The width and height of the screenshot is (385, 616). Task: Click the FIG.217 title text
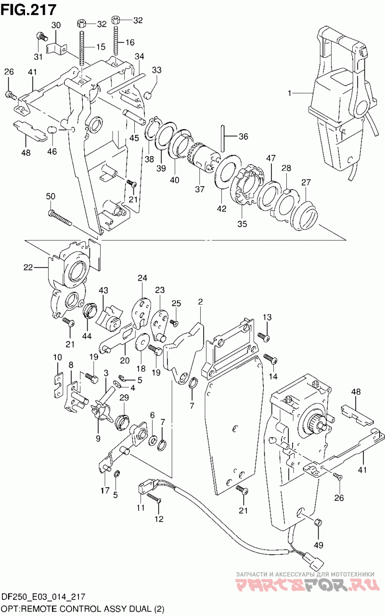pyautogui.click(x=28, y=10)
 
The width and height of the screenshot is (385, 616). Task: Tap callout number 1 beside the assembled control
pyautogui.click(x=289, y=94)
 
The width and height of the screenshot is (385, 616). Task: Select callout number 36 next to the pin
pyautogui.click(x=244, y=136)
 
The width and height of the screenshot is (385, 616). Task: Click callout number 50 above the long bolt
pyautogui.click(x=51, y=196)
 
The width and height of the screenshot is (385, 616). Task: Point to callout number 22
pyautogui.click(x=28, y=267)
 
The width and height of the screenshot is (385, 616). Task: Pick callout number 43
pyautogui.click(x=103, y=290)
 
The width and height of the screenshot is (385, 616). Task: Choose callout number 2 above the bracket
pyautogui.click(x=200, y=302)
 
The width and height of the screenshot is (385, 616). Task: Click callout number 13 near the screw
pyautogui.click(x=267, y=317)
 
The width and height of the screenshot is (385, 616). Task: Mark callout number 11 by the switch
pyautogui.click(x=141, y=508)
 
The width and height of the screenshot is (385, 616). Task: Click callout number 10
pyautogui.click(x=58, y=358)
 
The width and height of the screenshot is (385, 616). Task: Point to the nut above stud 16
pyautogui.click(x=116, y=20)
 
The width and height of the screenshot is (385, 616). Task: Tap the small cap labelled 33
pyautogui.click(x=148, y=95)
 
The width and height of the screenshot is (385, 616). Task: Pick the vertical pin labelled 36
pyautogui.click(x=223, y=137)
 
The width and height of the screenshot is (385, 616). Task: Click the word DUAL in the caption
pyautogui.click(x=138, y=609)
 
